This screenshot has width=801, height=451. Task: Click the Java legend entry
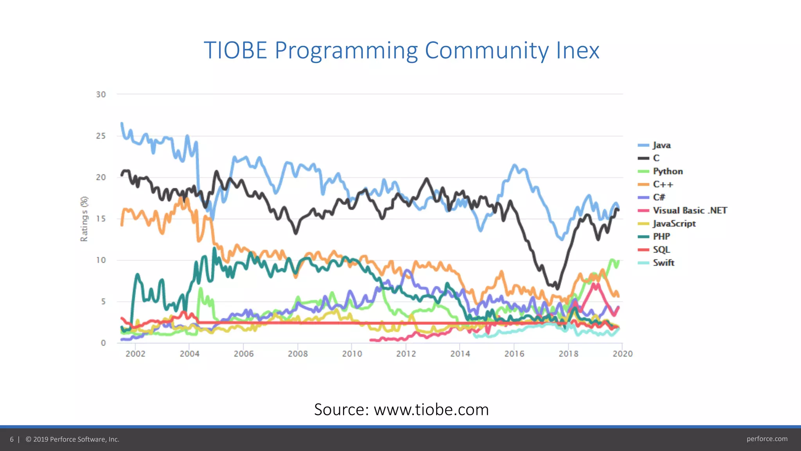pyautogui.click(x=661, y=145)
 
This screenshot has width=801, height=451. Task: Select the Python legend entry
pyautogui.click(x=667, y=171)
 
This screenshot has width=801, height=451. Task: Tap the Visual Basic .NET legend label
pyautogui.click(x=690, y=211)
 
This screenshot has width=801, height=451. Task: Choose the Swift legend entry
pyautogui.click(x=663, y=263)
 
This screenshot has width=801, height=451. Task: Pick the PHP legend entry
pyautogui.click(x=661, y=236)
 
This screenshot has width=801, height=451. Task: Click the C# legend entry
pyautogui.click(x=659, y=197)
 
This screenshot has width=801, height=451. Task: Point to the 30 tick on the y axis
pyautogui.click(x=101, y=95)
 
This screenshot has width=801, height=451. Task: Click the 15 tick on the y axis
pyautogui.click(x=101, y=219)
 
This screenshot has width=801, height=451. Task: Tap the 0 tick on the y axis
pyautogui.click(x=103, y=343)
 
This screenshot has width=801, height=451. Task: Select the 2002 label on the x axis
pyautogui.click(x=135, y=354)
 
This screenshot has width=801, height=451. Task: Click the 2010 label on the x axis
pyautogui.click(x=352, y=354)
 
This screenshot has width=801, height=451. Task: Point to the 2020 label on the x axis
pyautogui.click(x=622, y=354)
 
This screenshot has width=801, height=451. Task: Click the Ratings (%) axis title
pyautogui.click(x=84, y=219)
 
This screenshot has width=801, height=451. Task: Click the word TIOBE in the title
pyautogui.click(x=235, y=51)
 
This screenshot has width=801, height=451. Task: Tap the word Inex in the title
pyautogui.click(x=578, y=51)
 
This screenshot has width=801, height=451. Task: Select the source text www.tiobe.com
pyautogui.click(x=431, y=410)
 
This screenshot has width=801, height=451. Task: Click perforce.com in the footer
pyautogui.click(x=767, y=439)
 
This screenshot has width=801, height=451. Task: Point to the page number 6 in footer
pyautogui.click(x=12, y=439)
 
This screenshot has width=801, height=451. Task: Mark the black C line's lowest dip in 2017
pyautogui.click(x=557, y=289)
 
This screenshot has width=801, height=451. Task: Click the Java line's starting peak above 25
pyautogui.click(x=122, y=123)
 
